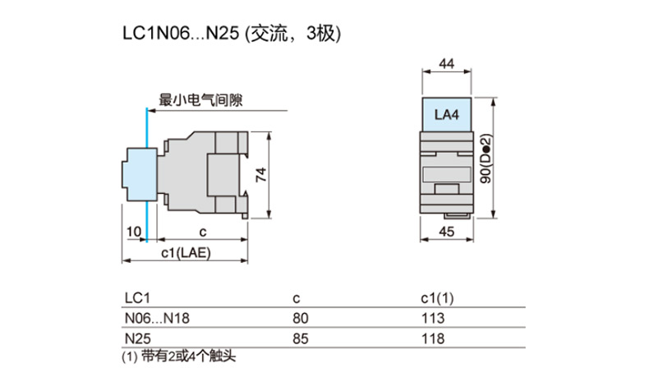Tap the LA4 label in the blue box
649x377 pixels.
coord(447,115)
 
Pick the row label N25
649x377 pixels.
coord(136,338)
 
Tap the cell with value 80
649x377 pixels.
coord(301,318)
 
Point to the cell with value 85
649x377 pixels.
coord(301,338)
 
